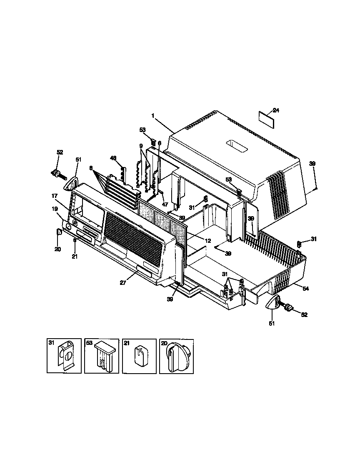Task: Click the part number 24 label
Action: click(x=276, y=110)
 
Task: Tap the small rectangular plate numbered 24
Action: click(x=267, y=120)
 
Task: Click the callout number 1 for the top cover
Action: click(x=152, y=116)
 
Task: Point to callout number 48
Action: click(x=113, y=158)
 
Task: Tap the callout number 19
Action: click(x=55, y=209)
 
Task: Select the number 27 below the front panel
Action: click(x=123, y=283)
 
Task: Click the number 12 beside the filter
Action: click(x=208, y=241)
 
